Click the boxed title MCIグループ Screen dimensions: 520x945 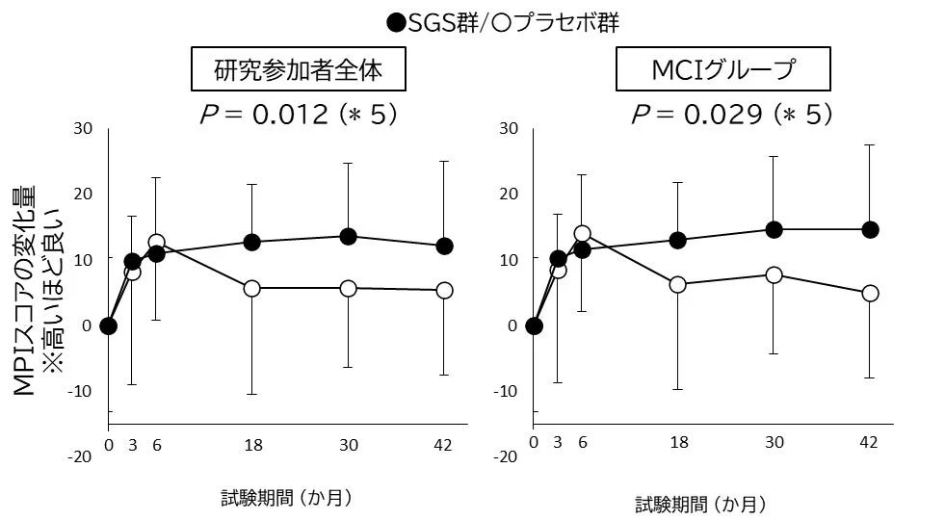(719, 72)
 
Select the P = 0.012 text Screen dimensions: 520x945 (296, 115)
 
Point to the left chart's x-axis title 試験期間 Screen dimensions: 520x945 (285, 498)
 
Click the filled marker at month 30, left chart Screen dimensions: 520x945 (348, 236)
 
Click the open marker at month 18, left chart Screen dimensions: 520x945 (251, 288)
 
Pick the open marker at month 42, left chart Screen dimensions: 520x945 (444, 290)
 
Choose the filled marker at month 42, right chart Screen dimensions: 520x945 (870, 229)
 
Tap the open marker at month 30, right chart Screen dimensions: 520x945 (773, 274)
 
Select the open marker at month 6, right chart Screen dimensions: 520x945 (582, 233)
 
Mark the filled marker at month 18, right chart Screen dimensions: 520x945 (677, 240)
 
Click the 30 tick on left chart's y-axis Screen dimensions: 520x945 (83, 128)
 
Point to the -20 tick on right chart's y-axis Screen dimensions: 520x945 (505, 456)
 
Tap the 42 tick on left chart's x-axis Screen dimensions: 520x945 (444, 444)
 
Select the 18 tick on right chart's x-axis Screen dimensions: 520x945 (678, 442)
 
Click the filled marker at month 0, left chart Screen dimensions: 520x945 (108, 325)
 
